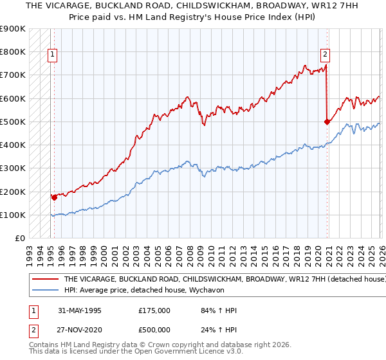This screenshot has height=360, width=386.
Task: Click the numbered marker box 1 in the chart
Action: pyautogui.click(x=52, y=55)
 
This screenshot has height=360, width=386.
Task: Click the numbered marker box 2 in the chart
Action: pyautogui.click(x=326, y=55)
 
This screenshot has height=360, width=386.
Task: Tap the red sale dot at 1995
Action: pyautogui.click(x=54, y=197)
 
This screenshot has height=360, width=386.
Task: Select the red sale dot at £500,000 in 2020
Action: pyautogui.click(x=327, y=121)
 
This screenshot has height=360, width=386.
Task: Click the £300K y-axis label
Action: pyautogui.click(x=14, y=168)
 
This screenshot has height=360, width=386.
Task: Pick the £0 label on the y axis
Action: pyautogui.click(x=20, y=238)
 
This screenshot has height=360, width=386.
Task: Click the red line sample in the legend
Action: pyautogui.click(x=45, y=280)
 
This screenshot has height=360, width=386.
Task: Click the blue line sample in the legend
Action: pyautogui.click(x=45, y=290)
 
